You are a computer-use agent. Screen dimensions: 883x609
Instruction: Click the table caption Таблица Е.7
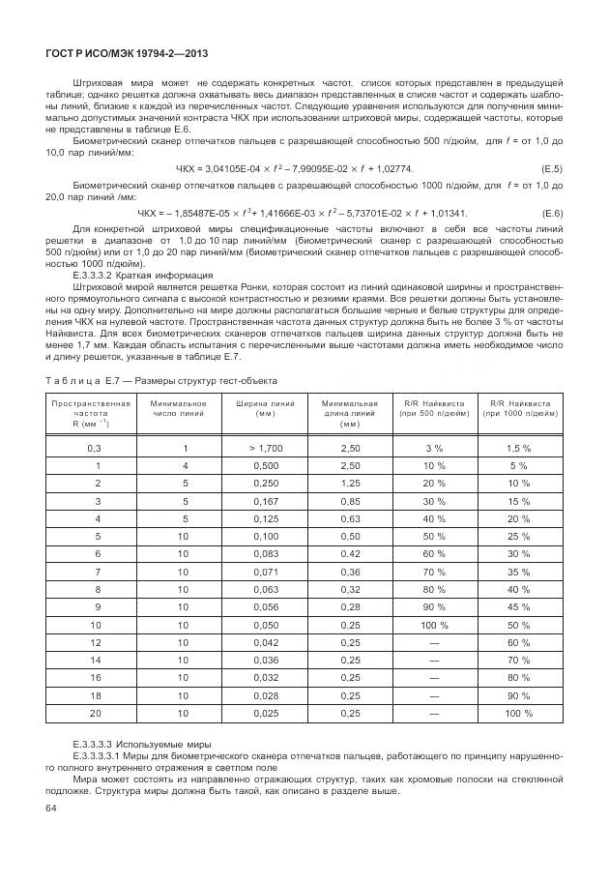[x=161, y=378]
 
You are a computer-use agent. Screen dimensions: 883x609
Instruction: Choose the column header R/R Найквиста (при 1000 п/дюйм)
[x=519, y=407]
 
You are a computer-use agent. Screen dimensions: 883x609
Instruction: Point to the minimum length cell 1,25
[x=350, y=483]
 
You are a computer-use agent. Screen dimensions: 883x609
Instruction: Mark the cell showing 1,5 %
[x=519, y=447]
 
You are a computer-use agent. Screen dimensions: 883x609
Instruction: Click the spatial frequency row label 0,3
[x=94, y=447]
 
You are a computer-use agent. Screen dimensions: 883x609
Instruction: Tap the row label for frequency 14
[x=94, y=660]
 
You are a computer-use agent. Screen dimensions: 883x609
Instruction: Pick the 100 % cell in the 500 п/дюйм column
[x=434, y=624]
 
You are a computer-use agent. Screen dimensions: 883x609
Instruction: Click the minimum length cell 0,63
[x=350, y=518]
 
